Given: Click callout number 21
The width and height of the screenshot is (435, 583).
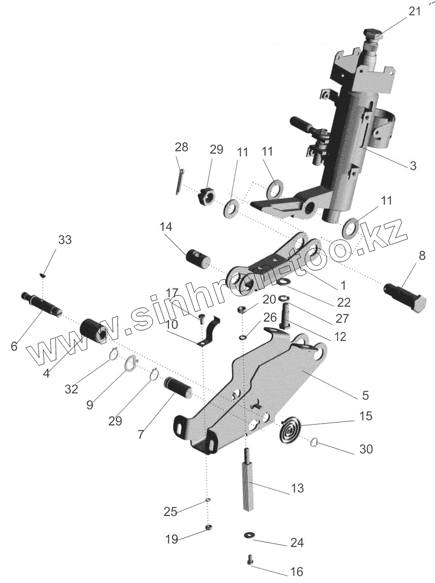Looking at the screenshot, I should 414,12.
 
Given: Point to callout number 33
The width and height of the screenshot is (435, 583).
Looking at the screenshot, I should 65,240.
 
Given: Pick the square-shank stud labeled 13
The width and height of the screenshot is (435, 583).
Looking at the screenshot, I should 250,485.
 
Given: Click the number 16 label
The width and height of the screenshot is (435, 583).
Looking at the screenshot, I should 296,572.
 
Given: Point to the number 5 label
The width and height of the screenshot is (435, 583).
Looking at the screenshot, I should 365,395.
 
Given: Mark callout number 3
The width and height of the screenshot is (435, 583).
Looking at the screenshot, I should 413,166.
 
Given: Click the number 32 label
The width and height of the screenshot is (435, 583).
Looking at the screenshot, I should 71,389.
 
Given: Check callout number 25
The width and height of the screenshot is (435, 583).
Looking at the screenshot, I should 170,511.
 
